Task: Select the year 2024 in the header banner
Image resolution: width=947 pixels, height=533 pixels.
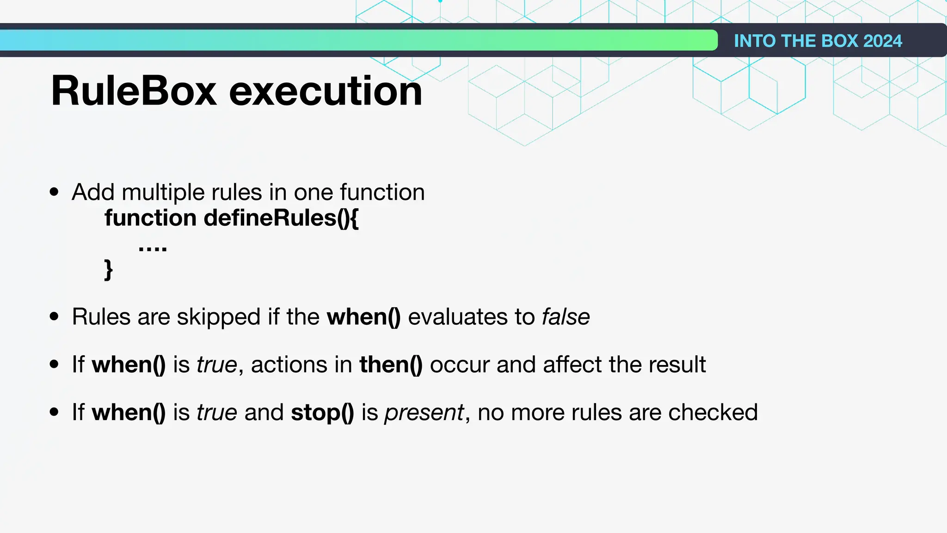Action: pyautogui.click(x=882, y=41)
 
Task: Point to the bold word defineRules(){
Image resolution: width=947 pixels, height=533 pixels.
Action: pyautogui.click(x=281, y=218)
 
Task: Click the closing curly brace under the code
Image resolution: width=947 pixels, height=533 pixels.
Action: pyautogui.click(x=109, y=270)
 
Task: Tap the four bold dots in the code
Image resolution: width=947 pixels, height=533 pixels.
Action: pyautogui.click(x=153, y=249)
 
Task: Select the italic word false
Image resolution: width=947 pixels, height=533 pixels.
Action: pyautogui.click(x=566, y=317)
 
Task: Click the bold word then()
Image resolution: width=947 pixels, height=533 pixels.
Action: pyautogui.click(x=391, y=365)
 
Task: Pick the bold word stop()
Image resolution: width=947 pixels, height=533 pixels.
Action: pyautogui.click(x=322, y=412)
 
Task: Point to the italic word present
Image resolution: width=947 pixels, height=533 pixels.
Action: pyautogui.click(x=424, y=413)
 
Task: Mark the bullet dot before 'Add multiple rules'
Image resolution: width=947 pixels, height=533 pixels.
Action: pyautogui.click(x=55, y=192)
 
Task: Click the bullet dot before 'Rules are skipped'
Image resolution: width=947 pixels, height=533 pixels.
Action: pyautogui.click(x=55, y=317)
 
